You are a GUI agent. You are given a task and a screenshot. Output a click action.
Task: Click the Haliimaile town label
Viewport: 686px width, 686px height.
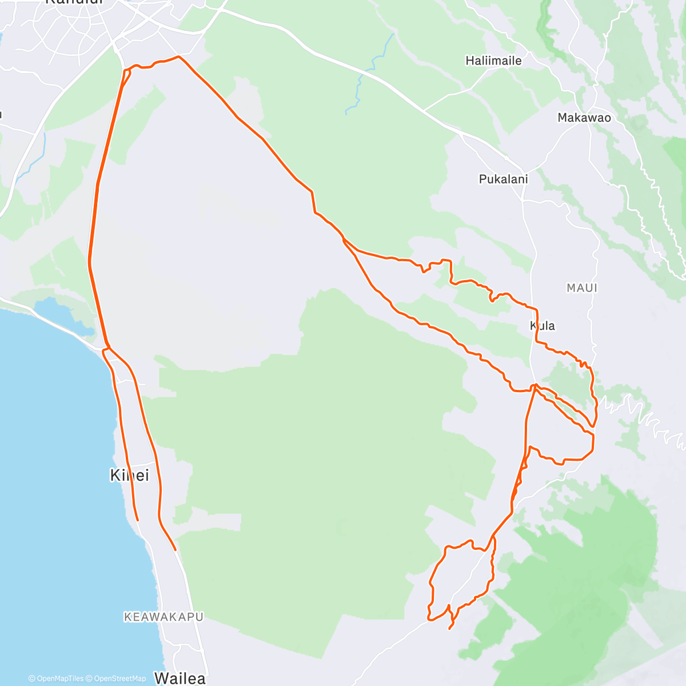[493, 61]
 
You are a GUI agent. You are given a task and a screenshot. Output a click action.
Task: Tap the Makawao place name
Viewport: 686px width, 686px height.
[584, 118]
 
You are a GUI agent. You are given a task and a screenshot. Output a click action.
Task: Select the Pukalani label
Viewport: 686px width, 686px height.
[503, 179]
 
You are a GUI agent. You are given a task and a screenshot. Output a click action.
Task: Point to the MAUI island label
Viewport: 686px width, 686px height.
[582, 288]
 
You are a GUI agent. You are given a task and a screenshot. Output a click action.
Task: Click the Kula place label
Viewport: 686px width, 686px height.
[543, 326]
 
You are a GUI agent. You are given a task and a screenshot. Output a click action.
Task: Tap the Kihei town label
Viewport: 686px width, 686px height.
[129, 475]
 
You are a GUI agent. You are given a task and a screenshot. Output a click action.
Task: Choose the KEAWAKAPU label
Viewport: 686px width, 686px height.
[163, 617]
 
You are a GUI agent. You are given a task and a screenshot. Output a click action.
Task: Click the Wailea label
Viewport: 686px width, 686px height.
[180, 679]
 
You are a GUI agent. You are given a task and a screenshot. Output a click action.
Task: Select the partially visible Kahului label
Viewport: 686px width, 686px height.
[74, 2]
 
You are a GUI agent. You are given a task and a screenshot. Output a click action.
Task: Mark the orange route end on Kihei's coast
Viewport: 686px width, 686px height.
[138, 520]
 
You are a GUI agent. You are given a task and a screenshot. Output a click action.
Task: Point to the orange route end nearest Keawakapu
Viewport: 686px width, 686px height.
[175, 550]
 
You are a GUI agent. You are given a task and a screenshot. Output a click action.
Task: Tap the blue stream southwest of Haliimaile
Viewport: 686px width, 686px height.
[361, 80]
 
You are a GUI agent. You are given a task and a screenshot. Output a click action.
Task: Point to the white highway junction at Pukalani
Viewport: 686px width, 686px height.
[521, 200]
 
